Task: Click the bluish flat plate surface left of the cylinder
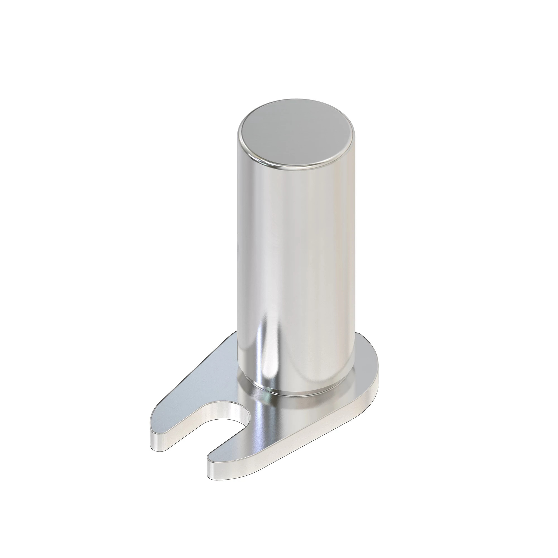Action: pos(202,384)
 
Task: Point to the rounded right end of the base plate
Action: pos(376,372)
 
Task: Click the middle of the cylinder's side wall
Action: pos(295,246)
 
